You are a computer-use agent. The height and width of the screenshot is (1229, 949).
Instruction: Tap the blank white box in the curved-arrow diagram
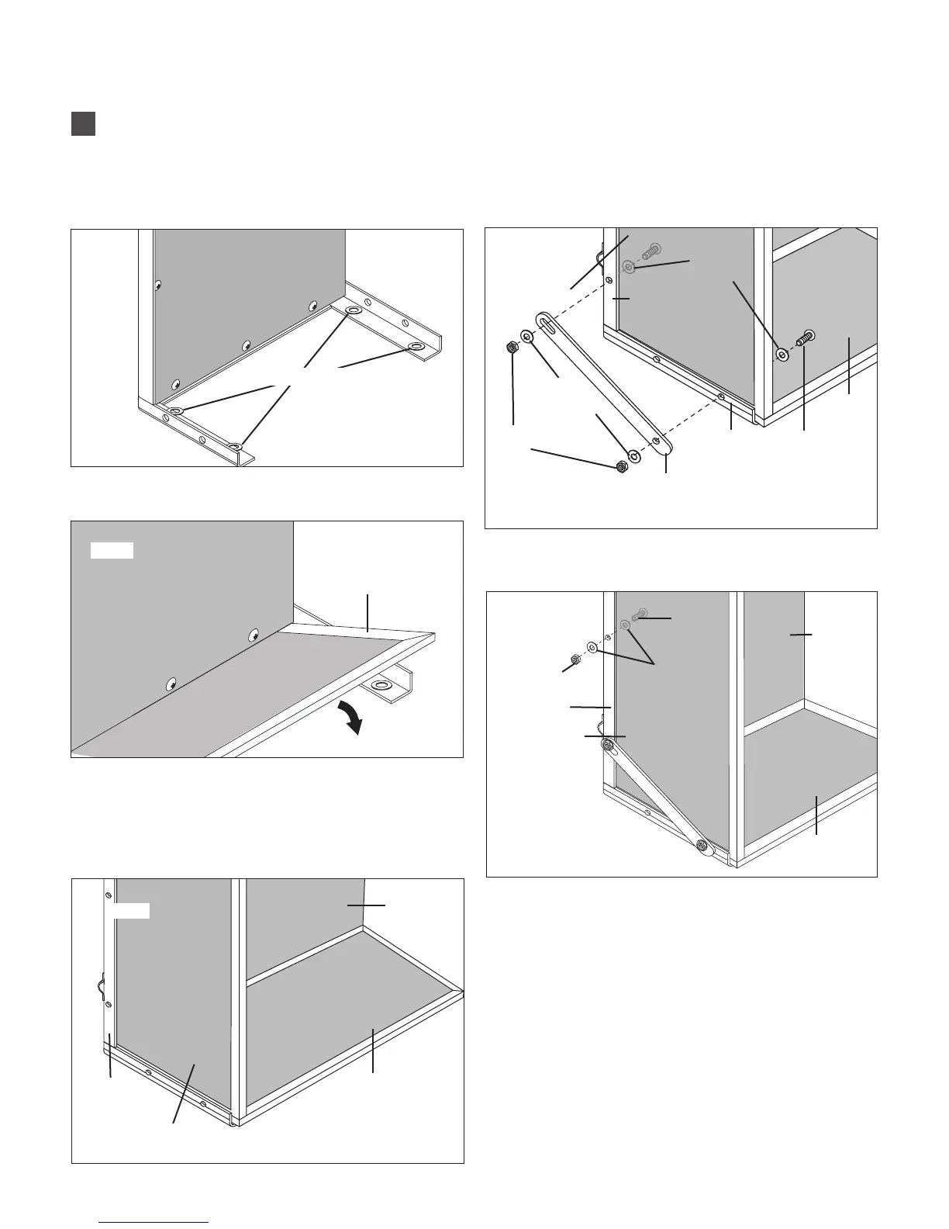[112, 551]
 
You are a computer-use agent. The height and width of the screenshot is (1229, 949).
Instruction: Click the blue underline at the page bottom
[154, 1223]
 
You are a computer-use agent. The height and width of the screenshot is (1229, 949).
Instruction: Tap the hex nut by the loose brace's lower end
[621, 466]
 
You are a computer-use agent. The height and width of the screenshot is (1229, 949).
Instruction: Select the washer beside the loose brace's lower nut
[634, 455]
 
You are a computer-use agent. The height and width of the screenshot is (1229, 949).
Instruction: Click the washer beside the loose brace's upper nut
[527, 336]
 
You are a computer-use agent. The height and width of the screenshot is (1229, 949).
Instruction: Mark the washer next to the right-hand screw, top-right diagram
[782, 355]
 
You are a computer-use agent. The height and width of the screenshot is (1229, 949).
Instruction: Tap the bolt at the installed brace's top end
[609, 747]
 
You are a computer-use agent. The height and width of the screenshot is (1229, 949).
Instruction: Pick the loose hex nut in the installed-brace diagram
[575, 660]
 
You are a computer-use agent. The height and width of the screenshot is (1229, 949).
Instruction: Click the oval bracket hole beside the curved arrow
[382, 686]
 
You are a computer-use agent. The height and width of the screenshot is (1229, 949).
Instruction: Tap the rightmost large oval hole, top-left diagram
[416, 345]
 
